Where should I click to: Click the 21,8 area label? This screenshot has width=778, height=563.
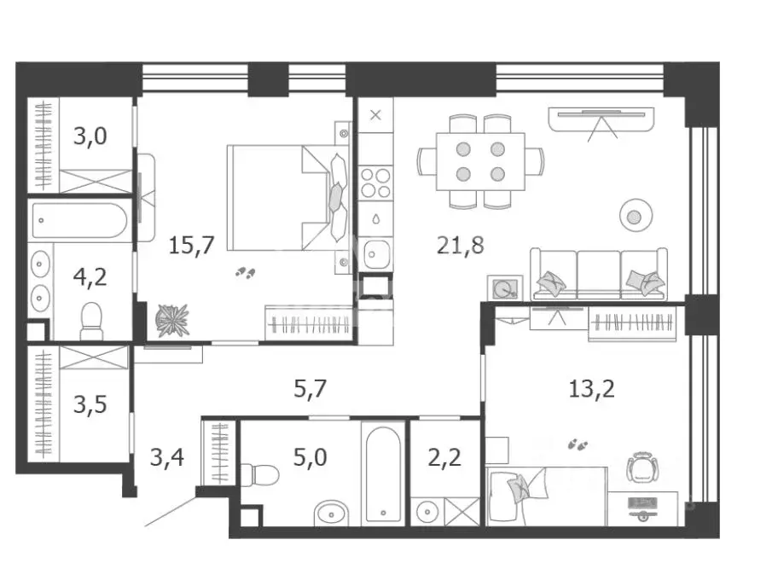[460, 245]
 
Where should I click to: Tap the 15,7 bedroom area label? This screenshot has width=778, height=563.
[191, 245]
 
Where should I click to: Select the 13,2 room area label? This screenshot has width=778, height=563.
[591, 388]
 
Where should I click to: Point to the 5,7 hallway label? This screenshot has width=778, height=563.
[311, 388]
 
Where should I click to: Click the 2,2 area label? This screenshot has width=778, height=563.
[444, 457]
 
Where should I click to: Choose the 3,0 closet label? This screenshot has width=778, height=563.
[90, 136]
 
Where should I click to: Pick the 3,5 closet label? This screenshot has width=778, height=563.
[90, 404]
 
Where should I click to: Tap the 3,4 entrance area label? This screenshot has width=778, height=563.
[166, 457]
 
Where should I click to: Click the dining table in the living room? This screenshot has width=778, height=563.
[480, 161]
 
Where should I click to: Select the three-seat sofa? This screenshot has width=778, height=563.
[599, 274]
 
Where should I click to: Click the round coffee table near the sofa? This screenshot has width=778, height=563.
[636, 215]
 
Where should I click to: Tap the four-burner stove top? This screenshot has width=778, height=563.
[375, 183]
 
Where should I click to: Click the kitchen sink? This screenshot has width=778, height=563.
[375, 254]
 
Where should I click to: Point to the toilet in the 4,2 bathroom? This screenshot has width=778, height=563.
[91, 321]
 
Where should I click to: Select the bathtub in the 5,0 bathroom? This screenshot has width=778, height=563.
[382, 473]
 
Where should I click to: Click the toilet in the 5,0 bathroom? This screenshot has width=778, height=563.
[259, 475]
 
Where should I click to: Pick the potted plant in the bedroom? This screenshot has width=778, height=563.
[172, 320]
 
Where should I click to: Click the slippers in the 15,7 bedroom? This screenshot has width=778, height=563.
[245, 272]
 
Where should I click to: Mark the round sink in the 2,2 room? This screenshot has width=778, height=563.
[427, 512]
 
